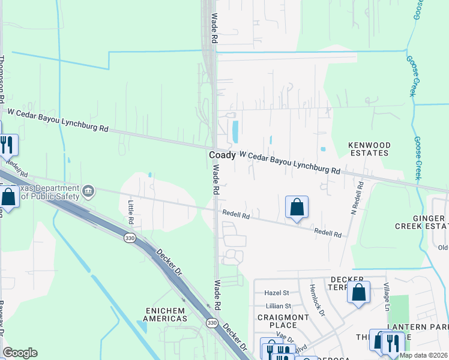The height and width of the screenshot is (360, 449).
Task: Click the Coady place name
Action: tap(222, 155)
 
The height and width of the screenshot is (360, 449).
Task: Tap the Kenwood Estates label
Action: tap(370, 149)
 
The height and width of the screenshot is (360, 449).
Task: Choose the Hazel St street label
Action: tap(277, 293)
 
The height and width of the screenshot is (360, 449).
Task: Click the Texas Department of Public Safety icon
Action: tap(89, 191)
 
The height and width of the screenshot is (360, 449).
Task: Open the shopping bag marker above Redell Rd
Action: tap(297, 208)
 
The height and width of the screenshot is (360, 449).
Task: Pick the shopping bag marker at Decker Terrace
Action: tap(358, 293)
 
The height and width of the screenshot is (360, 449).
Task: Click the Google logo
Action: tap(20, 353)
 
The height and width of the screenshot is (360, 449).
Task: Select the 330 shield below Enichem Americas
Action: tap(211, 323)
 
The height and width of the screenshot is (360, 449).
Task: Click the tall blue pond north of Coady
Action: tap(235, 129)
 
